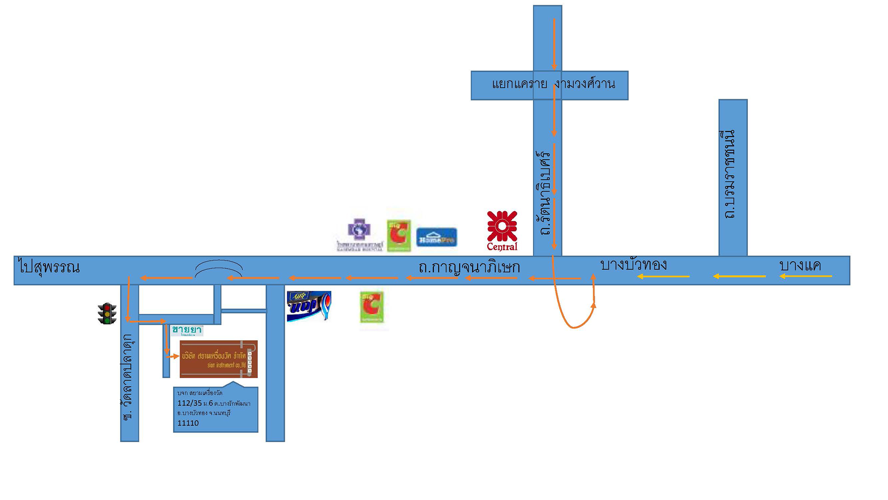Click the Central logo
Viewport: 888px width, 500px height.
(502, 231)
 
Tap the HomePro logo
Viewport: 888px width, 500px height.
(437, 237)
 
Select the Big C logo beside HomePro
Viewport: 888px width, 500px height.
(399, 235)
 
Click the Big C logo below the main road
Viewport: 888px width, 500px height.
(372, 306)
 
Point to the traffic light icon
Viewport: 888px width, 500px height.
(107, 313)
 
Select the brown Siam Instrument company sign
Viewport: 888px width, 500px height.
(218, 359)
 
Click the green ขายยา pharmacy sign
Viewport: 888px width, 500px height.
(187, 330)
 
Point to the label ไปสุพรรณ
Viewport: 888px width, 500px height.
(49, 267)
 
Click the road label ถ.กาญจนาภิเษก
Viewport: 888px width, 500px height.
(469, 267)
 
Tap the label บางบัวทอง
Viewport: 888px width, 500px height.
(633, 265)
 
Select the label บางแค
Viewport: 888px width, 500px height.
(800, 266)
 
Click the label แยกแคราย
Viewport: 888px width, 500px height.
(519, 84)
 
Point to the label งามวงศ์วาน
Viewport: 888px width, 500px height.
(586, 84)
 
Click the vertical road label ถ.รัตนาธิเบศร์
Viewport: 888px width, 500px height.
(546, 193)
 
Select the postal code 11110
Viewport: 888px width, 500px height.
(188, 423)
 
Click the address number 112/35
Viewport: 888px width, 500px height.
(190, 403)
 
